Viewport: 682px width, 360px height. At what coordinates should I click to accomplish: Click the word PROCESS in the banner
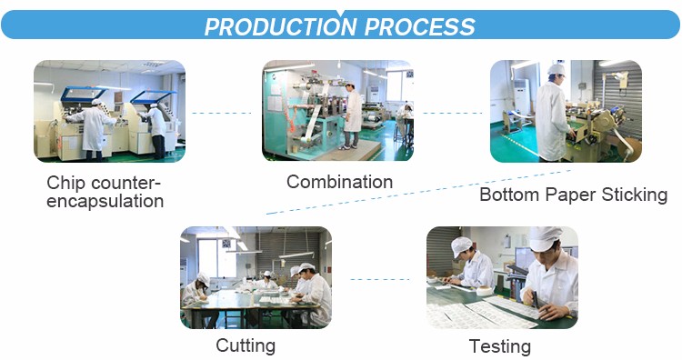(x=419, y=27)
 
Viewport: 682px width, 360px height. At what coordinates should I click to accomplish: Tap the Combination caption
(x=340, y=182)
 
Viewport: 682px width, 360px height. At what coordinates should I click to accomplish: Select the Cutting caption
(x=246, y=346)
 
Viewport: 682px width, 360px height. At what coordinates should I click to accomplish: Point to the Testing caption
(x=500, y=347)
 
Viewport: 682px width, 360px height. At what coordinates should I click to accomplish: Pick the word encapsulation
(x=105, y=201)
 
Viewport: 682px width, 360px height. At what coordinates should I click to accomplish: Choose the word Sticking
(x=634, y=195)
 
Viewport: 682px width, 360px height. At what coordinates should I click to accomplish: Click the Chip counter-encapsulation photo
(x=110, y=111)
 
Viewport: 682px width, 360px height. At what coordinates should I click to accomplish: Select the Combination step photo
(x=337, y=110)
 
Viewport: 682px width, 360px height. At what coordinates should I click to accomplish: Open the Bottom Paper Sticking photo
(x=566, y=111)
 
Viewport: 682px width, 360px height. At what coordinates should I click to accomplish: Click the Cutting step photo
(x=256, y=277)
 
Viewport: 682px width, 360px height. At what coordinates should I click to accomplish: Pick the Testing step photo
(x=502, y=277)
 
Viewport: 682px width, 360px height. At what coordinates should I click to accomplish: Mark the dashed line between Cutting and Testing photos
(x=380, y=280)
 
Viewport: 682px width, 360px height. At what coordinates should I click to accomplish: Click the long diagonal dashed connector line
(x=419, y=192)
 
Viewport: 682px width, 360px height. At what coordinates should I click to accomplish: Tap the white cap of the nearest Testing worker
(x=544, y=238)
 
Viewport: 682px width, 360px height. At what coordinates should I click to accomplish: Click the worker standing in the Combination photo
(x=352, y=116)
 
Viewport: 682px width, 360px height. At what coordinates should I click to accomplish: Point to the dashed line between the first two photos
(x=222, y=113)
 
